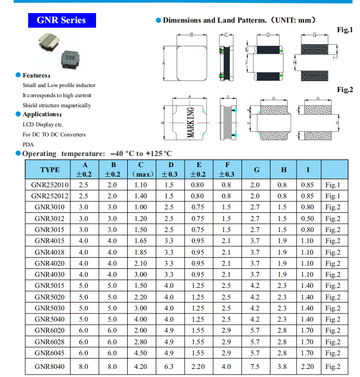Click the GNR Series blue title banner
pos(61,20)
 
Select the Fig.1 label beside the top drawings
pos(344,30)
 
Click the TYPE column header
pos(50,170)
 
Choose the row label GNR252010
pos(50,185)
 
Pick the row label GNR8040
pos(50,366)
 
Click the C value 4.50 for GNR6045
pos(141,353)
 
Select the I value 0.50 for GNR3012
pos(307,218)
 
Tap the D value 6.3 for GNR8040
pos(171,366)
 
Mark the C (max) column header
pos(141,170)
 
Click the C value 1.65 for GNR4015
pos(141,241)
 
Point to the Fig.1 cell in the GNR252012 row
pos(333,196)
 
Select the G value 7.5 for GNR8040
pos(255,366)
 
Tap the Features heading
pos(36,75)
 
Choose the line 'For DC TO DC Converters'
pos(54,134)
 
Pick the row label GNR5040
pos(50,319)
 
